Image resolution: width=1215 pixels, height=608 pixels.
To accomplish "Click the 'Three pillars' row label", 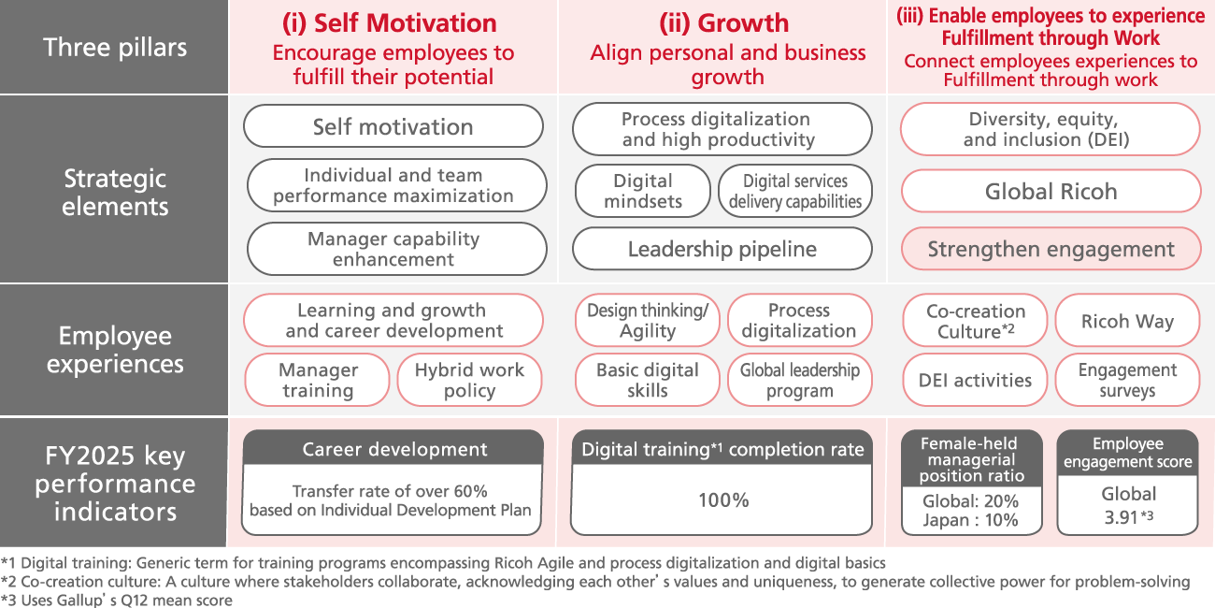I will [x=115, y=47].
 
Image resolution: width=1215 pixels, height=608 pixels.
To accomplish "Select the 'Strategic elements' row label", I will [x=115, y=192].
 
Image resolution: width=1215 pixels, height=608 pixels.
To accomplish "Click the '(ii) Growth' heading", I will [x=723, y=23].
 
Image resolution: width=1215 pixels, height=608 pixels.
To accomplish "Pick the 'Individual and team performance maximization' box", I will [x=394, y=185].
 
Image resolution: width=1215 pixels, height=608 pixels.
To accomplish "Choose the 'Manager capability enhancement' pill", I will [x=394, y=249].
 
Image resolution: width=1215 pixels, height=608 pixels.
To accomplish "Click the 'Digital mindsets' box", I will [x=642, y=191].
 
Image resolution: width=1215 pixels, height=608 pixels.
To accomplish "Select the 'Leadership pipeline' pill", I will [x=722, y=249].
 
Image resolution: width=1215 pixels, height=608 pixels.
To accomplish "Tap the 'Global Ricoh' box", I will [x=1051, y=192].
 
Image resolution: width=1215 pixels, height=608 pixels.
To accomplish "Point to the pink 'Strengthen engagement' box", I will [x=1051, y=249].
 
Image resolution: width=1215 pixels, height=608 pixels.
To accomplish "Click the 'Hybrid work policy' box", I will [x=469, y=380].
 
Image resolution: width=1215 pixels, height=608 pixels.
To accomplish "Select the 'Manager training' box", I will [x=318, y=380].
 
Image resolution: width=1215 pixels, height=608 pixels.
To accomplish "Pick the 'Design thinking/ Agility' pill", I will [x=647, y=320].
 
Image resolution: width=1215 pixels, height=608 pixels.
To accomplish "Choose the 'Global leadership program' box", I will [x=799, y=380].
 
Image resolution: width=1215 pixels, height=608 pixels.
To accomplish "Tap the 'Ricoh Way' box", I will [x=1127, y=321].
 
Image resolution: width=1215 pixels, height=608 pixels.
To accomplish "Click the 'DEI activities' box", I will [x=975, y=380].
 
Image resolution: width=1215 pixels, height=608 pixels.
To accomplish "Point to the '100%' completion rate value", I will [x=722, y=500].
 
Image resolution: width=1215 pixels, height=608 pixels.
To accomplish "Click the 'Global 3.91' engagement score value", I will [x=1128, y=504].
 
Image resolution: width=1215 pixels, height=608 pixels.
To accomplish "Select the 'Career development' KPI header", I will [x=393, y=450].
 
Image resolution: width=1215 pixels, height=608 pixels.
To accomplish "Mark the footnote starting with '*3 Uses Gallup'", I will [x=117, y=600].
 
